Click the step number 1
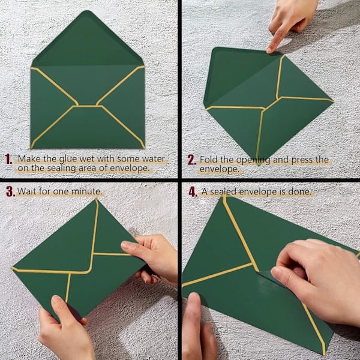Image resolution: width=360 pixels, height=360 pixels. (x=8, y=159)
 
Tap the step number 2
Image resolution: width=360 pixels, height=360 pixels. (x=192, y=160)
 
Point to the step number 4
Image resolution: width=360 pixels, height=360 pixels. (x=193, y=192)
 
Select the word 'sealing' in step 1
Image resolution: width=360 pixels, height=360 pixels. (x=61, y=168)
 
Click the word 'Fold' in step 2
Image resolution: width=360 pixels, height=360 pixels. (x=209, y=160)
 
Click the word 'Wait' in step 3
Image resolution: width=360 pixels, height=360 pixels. (x=27, y=191)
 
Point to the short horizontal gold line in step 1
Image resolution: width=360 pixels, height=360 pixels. (x=88, y=106)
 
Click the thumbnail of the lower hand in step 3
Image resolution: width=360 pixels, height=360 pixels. (x=55, y=299)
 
